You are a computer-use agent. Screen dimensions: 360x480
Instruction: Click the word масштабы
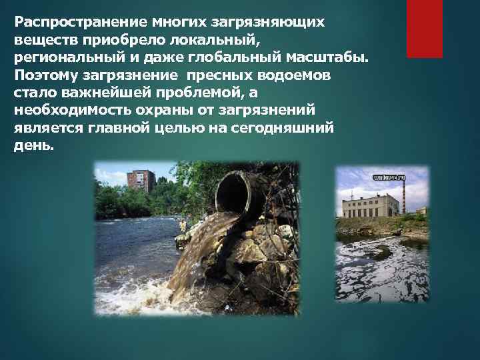pos(331,57)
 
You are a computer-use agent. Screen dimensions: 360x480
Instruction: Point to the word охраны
pos(156,109)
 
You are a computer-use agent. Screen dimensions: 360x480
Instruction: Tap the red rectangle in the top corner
pos(425,29)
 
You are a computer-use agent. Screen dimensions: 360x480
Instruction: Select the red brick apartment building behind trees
pos(142,180)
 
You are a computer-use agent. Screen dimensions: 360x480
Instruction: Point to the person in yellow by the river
pos(182,225)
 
